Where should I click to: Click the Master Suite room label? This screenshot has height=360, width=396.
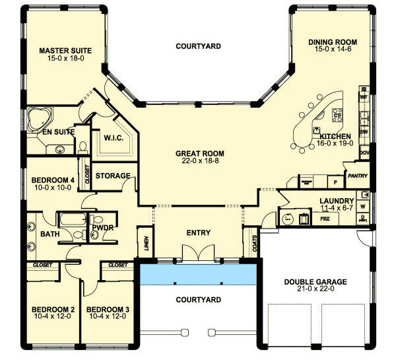[65, 50]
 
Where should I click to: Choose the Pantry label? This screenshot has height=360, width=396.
[357, 176]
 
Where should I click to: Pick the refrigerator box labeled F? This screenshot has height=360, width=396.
[335, 180]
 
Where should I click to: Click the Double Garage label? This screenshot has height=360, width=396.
[315, 282]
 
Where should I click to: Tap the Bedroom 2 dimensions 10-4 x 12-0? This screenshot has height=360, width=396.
[53, 316]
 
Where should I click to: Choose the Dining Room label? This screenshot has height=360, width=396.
[328, 42]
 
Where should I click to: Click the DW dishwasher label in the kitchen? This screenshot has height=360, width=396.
[363, 131]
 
